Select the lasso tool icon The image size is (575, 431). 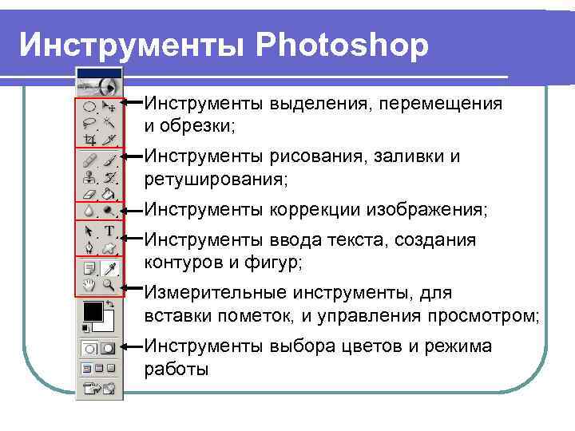click(89, 123)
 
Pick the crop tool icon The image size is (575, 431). click(89, 139)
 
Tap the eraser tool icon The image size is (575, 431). click(89, 193)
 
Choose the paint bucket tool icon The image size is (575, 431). click(109, 193)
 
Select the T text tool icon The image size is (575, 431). click(109, 231)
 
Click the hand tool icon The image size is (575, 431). click(89, 285)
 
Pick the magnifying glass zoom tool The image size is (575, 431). click(109, 285)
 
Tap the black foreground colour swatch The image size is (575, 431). click(91, 310)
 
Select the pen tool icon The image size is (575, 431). click(89, 248)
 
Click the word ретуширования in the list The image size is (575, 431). click(213, 180)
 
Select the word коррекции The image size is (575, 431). click(315, 210)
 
